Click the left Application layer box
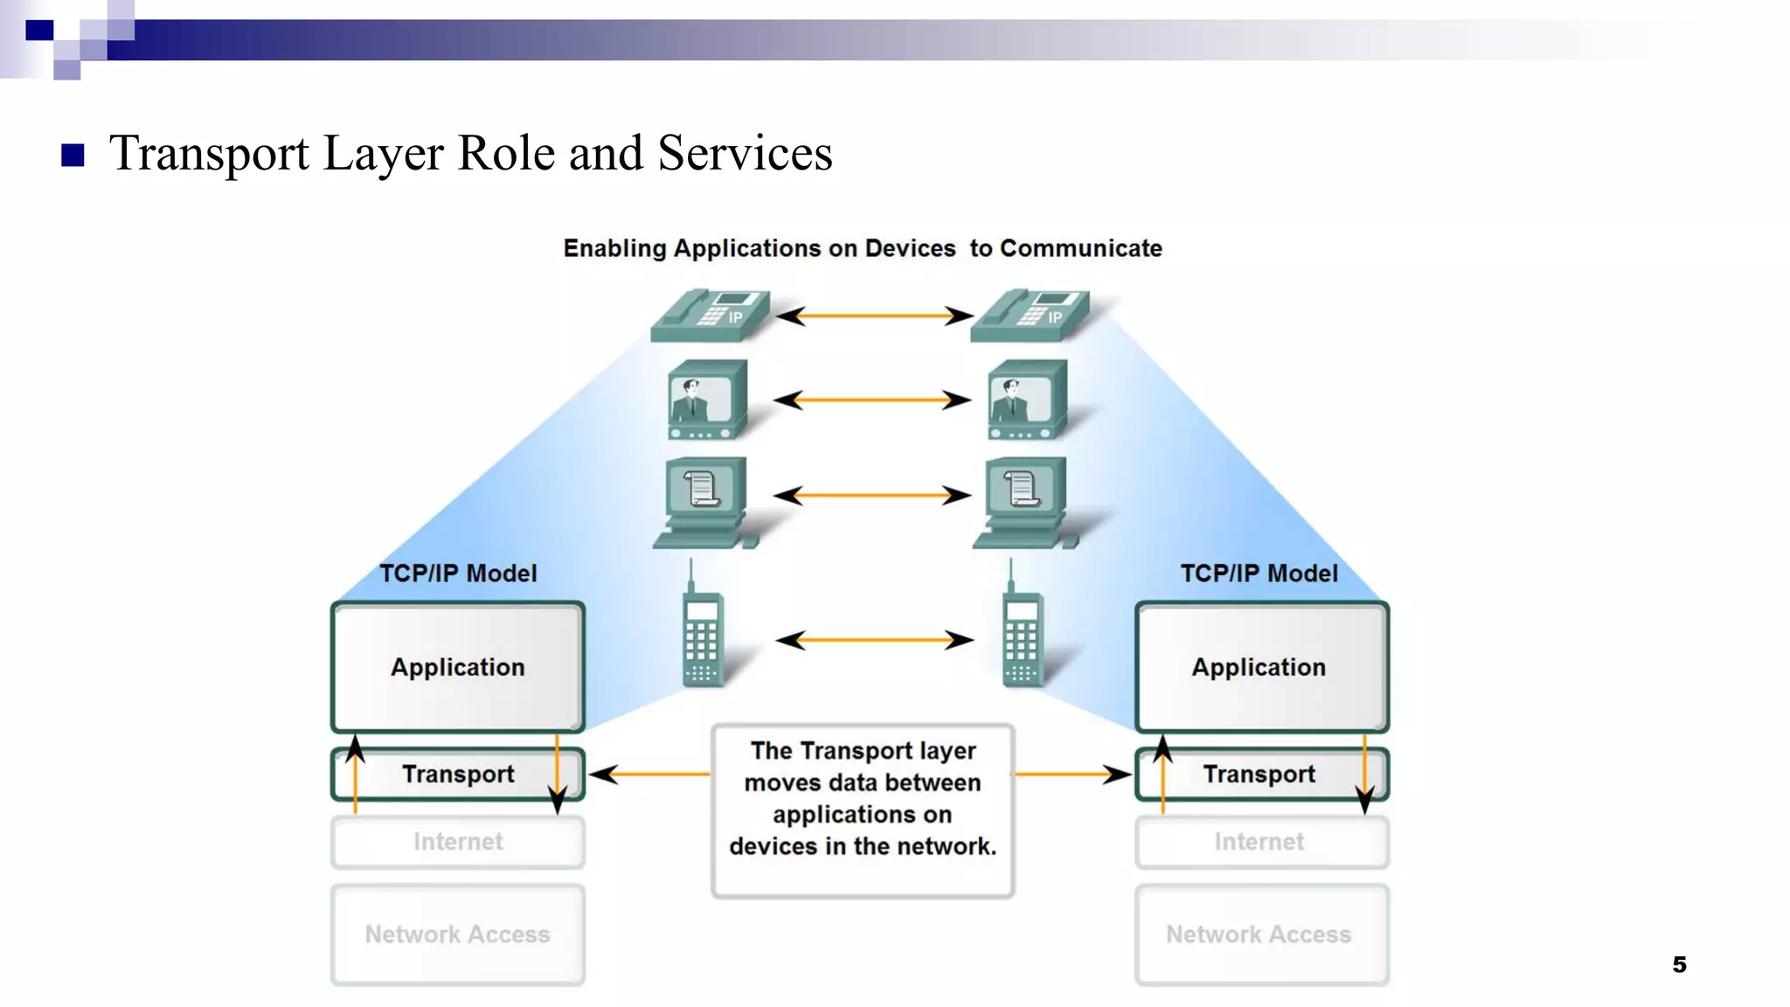457,667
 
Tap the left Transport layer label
457,774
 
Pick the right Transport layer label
1259,774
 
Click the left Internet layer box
457,842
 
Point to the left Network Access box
457,934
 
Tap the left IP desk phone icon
710,315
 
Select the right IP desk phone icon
1030,315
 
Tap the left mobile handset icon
702,631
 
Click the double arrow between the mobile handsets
874,640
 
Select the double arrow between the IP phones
874,316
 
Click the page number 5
1679,964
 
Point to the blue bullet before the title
73,156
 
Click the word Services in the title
745,154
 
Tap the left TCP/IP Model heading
458,573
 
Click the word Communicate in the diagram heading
1080,248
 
